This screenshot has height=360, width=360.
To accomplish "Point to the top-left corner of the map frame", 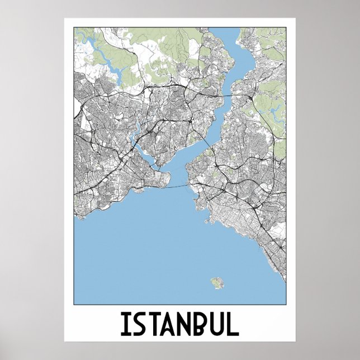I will pyautogui.click(x=74, y=28).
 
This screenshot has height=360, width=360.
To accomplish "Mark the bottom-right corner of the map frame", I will pyautogui.click(x=286, y=305).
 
